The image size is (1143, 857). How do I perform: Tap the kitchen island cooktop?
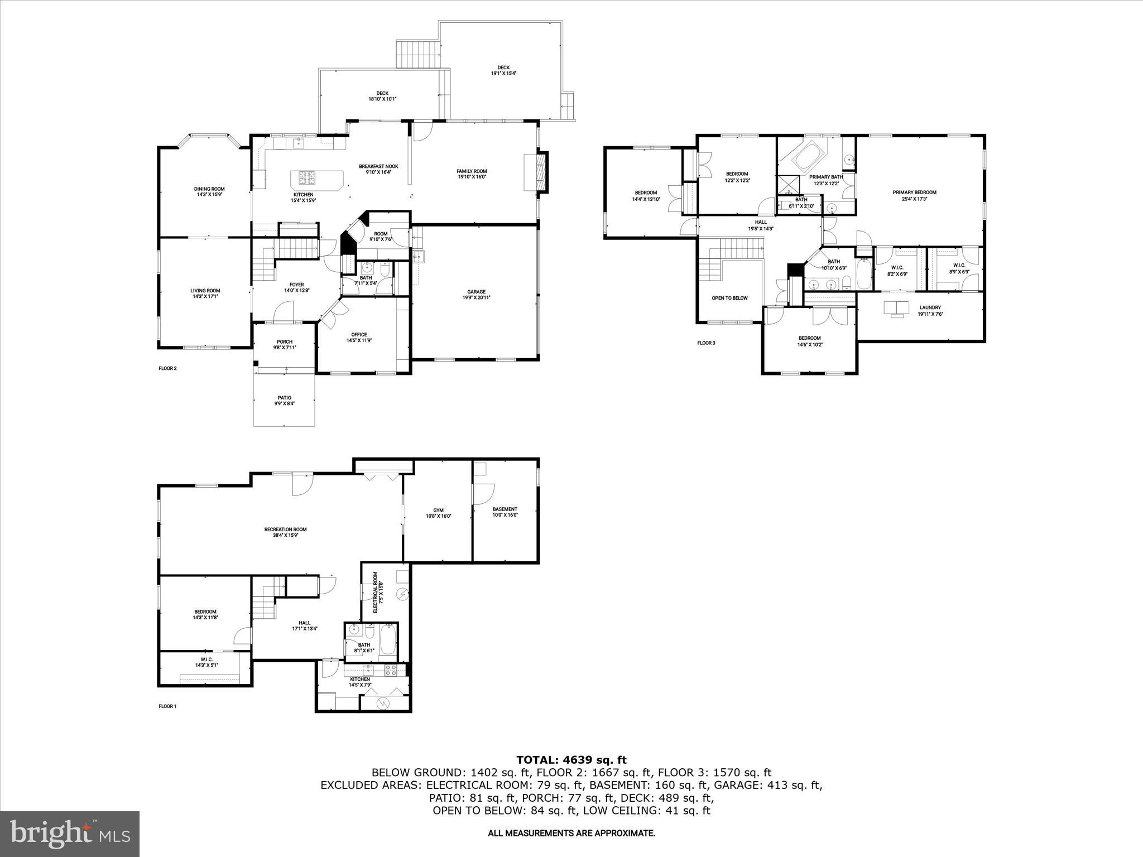(x=306, y=178)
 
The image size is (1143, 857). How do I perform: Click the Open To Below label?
(x=729, y=298)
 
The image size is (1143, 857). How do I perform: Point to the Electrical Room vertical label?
(x=378, y=592)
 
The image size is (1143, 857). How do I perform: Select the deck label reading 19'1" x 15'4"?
(x=503, y=70)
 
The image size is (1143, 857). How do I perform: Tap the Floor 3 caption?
(x=706, y=343)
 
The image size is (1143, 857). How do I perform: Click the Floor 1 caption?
(x=167, y=706)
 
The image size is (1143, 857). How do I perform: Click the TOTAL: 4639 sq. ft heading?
(x=571, y=759)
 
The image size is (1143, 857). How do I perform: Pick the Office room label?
(x=359, y=338)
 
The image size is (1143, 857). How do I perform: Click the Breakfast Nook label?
(x=378, y=169)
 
